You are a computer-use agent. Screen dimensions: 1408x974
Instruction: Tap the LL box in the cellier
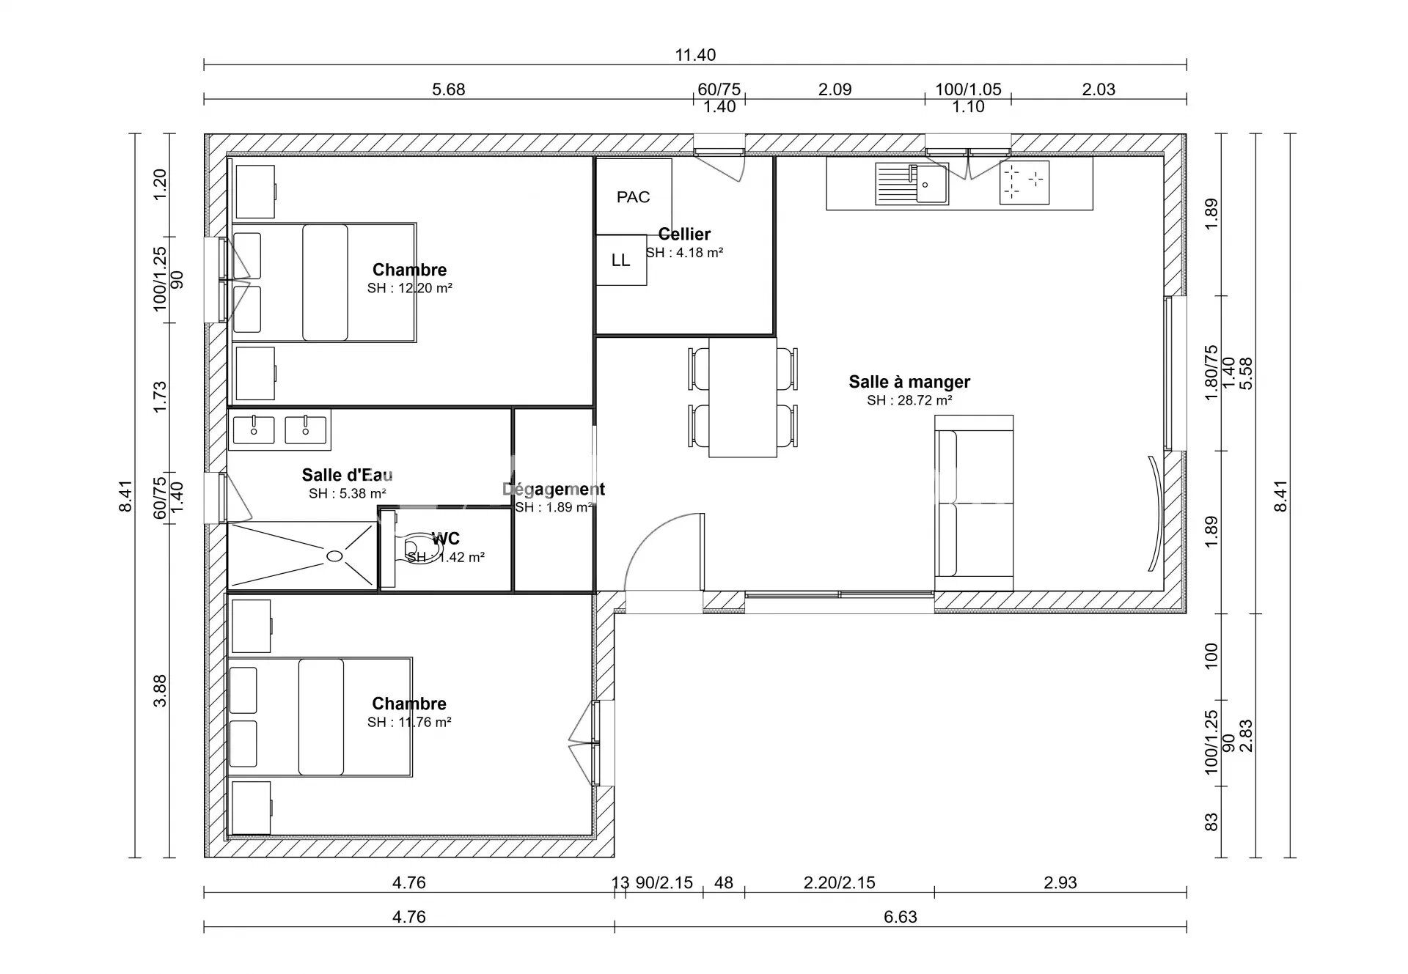click(x=621, y=260)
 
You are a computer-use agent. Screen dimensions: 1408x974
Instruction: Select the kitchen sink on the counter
click(x=912, y=183)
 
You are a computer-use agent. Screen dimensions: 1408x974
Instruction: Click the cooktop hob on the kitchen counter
click(x=1024, y=183)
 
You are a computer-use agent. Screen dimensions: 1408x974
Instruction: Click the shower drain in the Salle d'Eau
click(x=334, y=556)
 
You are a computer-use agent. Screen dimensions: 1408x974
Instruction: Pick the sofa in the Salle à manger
click(x=974, y=503)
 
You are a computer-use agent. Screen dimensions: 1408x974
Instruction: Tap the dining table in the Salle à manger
click(x=743, y=397)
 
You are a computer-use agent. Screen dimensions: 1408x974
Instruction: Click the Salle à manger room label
click(x=909, y=382)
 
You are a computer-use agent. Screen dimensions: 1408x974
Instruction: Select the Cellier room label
click(x=684, y=234)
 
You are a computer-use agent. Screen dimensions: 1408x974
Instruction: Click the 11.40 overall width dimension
click(x=695, y=55)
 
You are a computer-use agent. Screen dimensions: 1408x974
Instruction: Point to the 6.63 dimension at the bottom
click(x=900, y=917)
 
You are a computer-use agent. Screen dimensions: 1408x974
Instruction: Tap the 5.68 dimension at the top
click(x=449, y=89)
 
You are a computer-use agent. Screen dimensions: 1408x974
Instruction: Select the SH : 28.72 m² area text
click(x=909, y=400)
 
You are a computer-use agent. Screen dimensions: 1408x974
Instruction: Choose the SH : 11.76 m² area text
click(x=409, y=722)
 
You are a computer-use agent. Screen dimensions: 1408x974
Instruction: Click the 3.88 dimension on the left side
click(x=161, y=690)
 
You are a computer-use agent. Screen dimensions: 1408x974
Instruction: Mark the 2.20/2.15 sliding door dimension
click(x=840, y=883)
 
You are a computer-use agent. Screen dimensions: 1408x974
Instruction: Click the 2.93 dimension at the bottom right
click(x=1060, y=883)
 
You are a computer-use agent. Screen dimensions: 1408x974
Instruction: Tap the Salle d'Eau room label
click(x=348, y=475)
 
